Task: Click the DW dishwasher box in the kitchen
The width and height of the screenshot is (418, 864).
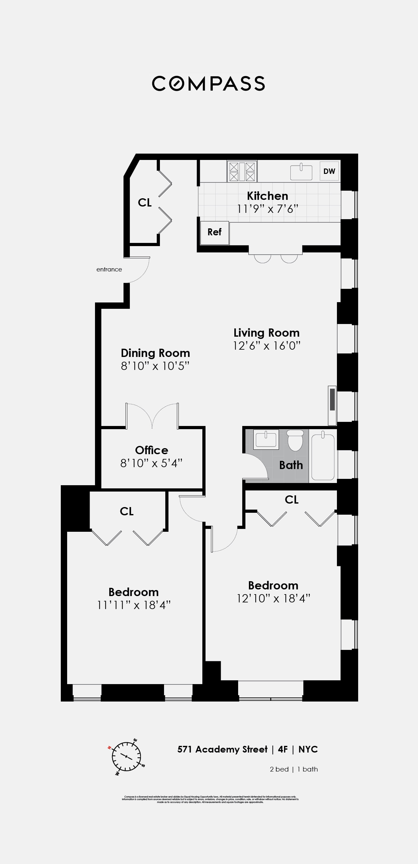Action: pyautogui.click(x=329, y=171)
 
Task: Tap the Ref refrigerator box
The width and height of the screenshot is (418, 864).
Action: pyautogui.click(x=214, y=232)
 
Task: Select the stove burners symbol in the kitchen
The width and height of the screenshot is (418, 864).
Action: pyautogui.click(x=242, y=171)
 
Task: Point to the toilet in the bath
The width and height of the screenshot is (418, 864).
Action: pyautogui.click(x=295, y=440)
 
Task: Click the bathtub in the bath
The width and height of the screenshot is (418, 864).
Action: pyautogui.click(x=323, y=457)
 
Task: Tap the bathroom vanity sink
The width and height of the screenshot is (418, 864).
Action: pyautogui.click(x=266, y=439)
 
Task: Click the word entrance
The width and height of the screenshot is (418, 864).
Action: pyautogui.click(x=109, y=269)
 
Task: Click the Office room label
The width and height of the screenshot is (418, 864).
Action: pyautogui.click(x=151, y=450)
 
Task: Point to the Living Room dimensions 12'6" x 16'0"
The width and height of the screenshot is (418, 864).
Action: pyautogui.click(x=266, y=346)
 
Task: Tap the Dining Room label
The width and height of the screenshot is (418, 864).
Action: pyautogui.click(x=155, y=353)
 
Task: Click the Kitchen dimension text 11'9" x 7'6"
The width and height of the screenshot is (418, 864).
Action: pyautogui.click(x=267, y=209)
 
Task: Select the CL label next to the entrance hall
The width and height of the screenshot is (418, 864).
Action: pyautogui.click(x=145, y=203)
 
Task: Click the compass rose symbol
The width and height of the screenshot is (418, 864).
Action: pyautogui.click(x=126, y=756)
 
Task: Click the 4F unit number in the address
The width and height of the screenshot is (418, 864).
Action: pyautogui.click(x=282, y=749)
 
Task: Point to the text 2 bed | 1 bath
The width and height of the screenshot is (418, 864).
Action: pyautogui.click(x=294, y=769)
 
